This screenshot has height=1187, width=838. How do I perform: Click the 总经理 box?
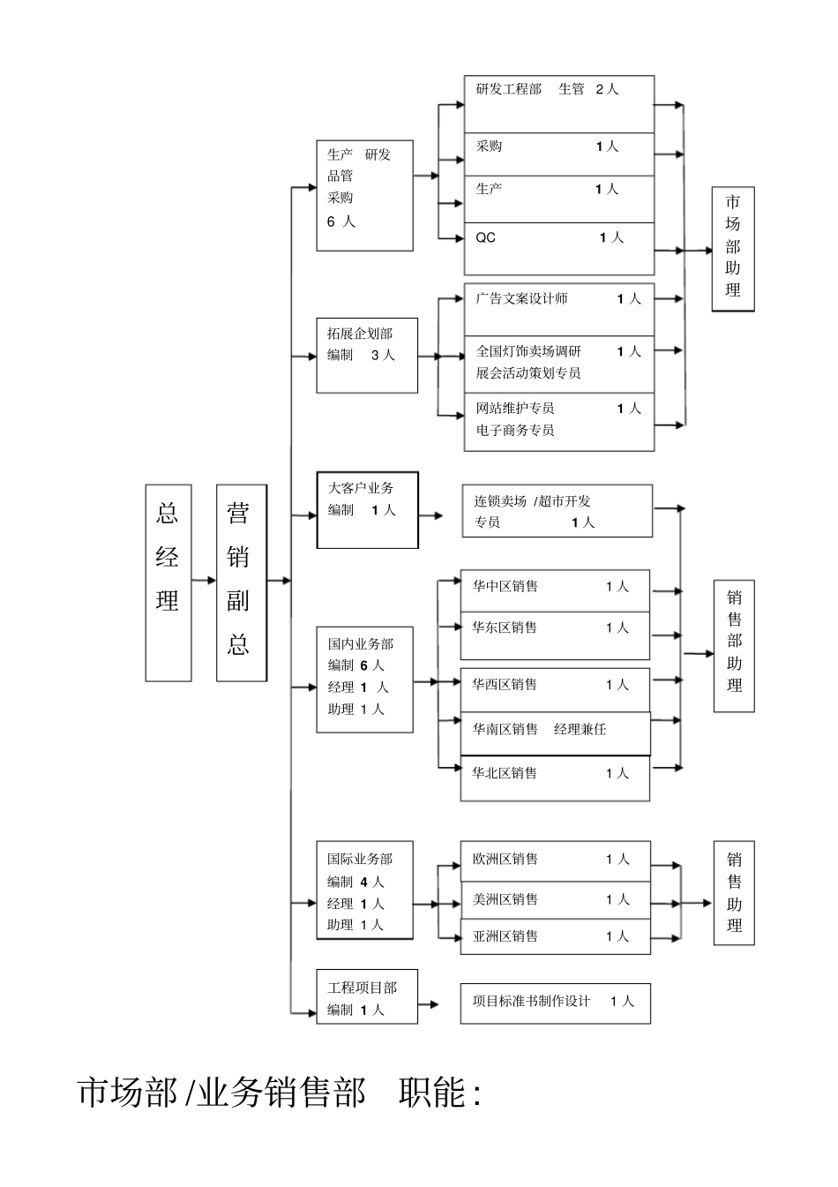click(x=168, y=582)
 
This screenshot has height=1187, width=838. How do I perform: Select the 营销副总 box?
click(x=241, y=582)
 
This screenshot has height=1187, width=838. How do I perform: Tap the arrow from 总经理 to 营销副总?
click(x=204, y=580)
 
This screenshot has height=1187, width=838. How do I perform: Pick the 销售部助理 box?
click(x=734, y=645)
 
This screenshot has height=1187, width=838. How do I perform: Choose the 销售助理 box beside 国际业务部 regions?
click(x=734, y=892)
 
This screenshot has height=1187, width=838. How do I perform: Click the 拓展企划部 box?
click(x=367, y=355)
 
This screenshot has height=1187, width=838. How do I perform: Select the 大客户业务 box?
click(x=367, y=509)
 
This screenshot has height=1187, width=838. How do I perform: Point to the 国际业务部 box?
click(x=364, y=890)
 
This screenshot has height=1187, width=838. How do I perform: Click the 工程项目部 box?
click(x=367, y=997)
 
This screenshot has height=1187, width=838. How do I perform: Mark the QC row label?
click(x=486, y=238)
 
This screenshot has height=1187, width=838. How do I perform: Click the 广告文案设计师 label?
click(x=521, y=299)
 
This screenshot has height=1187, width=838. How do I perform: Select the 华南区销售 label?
click(x=505, y=729)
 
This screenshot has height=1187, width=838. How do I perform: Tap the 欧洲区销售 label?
click(x=505, y=859)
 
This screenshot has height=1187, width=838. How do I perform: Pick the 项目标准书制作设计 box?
click(x=555, y=1003)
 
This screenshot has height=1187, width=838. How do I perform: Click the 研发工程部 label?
click(x=509, y=89)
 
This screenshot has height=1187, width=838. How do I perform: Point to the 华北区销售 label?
click(x=505, y=773)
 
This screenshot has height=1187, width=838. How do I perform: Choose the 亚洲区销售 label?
click(x=505, y=936)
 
